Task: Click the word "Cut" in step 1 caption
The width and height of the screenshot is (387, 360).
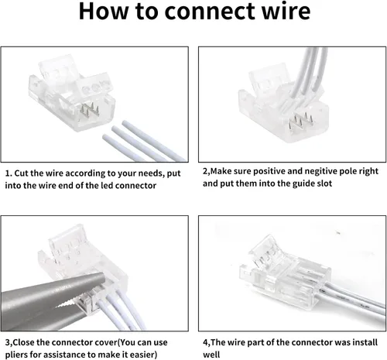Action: coord(22,173)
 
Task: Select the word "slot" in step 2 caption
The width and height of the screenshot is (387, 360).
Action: coord(325,183)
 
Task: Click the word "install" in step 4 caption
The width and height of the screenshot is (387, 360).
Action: coord(365,342)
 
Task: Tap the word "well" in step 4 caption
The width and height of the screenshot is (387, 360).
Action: coord(211,355)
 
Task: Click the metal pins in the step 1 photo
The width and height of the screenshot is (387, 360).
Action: coord(89,110)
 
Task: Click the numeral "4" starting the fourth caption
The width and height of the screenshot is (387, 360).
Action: coord(205,343)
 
